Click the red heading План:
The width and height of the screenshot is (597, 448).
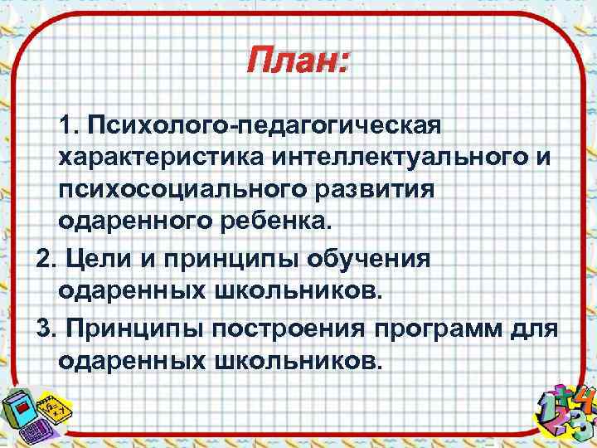coord(298,61)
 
